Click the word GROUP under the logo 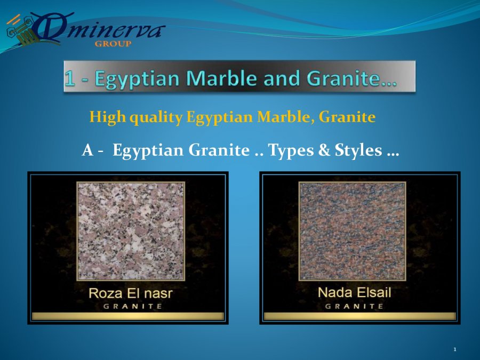coord(113,44)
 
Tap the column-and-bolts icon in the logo coord(22,30)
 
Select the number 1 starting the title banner coord(69,78)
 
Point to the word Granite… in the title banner coord(351,78)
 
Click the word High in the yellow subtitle coord(107,117)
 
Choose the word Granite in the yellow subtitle coord(347,117)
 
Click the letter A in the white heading coord(87,150)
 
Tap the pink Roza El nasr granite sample coord(131,231)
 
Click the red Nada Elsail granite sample coord(353,231)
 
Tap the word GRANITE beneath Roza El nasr coord(133,306)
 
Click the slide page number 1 coord(455,349)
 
